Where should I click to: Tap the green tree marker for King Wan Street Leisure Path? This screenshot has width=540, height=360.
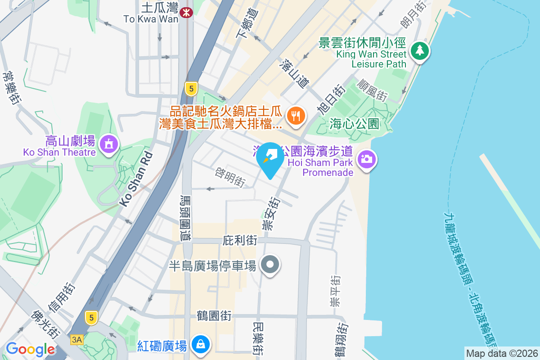pyautogui.click(x=419, y=50)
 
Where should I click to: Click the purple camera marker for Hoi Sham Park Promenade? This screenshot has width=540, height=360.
pyautogui.click(x=366, y=158)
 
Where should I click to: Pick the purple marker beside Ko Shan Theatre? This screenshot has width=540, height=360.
pyautogui.click(x=108, y=144)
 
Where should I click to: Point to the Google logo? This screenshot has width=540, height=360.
pyautogui.click(x=30, y=349)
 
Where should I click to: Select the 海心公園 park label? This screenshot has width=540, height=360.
pyautogui.click(x=354, y=124)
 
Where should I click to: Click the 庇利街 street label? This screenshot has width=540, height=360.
pyautogui.click(x=240, y=241)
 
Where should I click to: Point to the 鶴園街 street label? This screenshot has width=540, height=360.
pyautogui.click(x=214, y=316)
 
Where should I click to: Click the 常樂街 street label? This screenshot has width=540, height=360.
pyautogui.click(x=12, y=88)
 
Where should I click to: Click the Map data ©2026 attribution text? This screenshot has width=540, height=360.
pyautogui.click(x=502, y=353)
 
